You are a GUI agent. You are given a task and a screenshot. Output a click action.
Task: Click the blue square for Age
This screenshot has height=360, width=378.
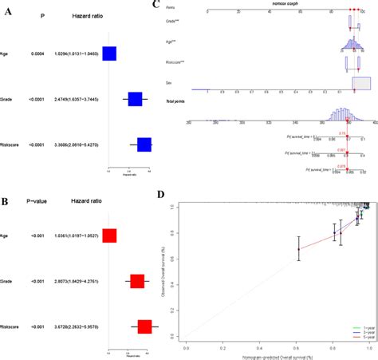tap(109, 53)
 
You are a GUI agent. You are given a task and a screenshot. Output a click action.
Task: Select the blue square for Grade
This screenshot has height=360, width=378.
tap(135, 99)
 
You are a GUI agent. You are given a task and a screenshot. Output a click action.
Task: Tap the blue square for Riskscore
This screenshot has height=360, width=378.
tap(144, 144)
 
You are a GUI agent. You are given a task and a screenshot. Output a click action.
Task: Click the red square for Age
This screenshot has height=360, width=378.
tap(109, 235)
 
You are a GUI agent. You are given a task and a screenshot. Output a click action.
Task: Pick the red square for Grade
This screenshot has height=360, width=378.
tap(136, 281)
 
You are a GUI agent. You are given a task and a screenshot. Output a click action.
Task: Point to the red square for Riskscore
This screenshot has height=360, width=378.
tap(144, 326)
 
